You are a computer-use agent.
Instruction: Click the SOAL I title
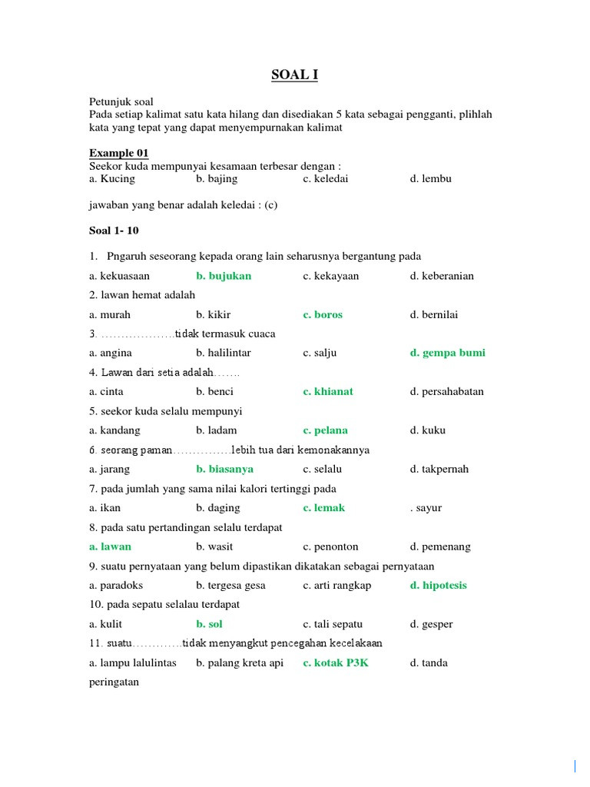[294, 75]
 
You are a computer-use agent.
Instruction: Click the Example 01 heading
[119, 153]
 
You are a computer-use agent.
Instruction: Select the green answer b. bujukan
[224, 276]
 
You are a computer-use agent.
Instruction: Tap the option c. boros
[323, 314]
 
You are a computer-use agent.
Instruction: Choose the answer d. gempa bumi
[447, 353]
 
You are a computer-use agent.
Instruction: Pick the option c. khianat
[328, 391]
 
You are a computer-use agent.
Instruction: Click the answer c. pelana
[325, 430]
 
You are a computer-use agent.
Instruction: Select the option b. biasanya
[224, 469]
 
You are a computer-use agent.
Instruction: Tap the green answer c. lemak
[324, 508]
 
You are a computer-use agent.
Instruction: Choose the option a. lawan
[110, 546]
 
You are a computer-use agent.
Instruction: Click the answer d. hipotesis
[438, 586]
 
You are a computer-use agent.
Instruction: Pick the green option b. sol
[209, 624]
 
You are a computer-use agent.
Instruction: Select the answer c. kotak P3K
[336, 662]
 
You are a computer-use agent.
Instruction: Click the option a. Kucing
[111, 179]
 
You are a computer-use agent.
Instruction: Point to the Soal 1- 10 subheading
[114, 231]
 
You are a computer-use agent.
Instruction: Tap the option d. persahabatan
[447, 391]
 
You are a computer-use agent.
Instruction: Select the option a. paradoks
[117, 586]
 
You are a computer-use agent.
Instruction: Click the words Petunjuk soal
[121, 101]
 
